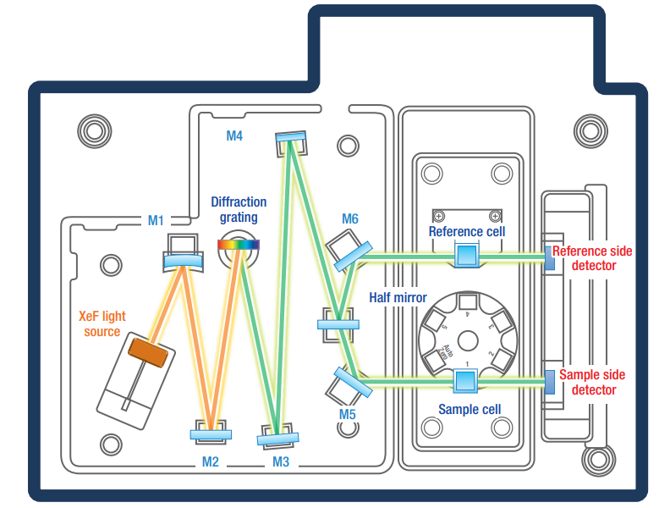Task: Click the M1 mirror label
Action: pos(156,220)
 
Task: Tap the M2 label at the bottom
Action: pos(210,461)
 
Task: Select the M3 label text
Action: pos(281,461)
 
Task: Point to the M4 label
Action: pos(234,135)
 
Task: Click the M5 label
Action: pos(348,414)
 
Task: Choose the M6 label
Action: pos(350,219)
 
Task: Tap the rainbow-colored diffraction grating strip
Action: pos(239,245)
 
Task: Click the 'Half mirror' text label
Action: pos(398,298)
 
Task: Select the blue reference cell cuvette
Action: pos(466,256)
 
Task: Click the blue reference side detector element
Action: pos(548,257)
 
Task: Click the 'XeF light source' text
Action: pos(102,323)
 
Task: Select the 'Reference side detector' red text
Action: pos(592,258)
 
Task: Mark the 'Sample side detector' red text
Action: pos(593,383)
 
